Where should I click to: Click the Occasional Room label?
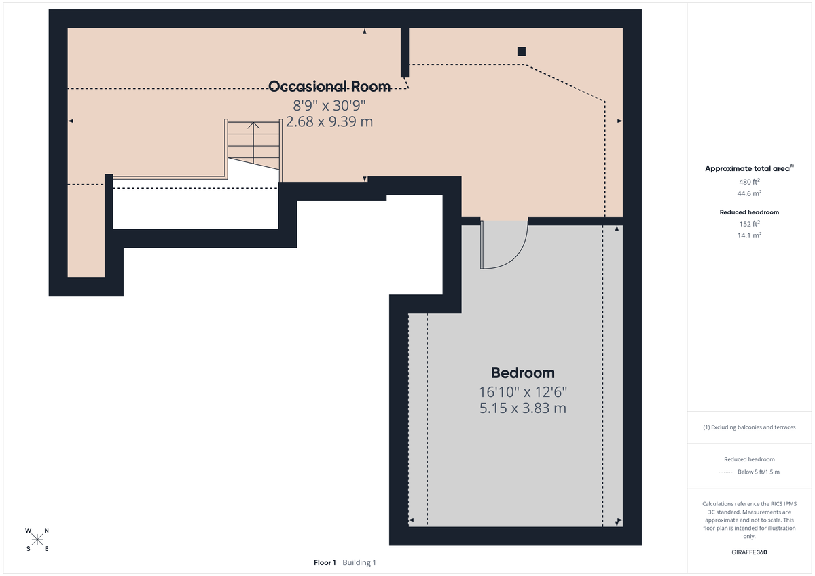click(x=329, y=86)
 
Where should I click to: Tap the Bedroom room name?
click(x=522, y=372)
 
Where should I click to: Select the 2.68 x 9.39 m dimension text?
click(x=329, y=121)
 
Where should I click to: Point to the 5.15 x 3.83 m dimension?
click(x=522, y=408)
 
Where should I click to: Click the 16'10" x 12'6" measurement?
click(x=522, y=391)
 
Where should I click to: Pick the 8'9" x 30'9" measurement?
click(x=329, y=105)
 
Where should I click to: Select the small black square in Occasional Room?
click(x=522, y=52)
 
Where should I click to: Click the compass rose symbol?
click(x=37, y=539)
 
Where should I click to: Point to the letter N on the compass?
click(x=46, y=531)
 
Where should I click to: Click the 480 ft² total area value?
click(x=749, y=182)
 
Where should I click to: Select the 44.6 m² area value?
click(x=749, y=193)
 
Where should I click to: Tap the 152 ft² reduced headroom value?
click(x=749, y=224)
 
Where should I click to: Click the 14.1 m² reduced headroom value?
click(x=749, y=235)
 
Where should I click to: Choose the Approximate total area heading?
click(x=748, y=168)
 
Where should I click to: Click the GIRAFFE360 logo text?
click(x=749, y=552)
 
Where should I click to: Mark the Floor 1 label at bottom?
click(x=325, y=562)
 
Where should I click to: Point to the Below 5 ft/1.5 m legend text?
click(x=759, y=472)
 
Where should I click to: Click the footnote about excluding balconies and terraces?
click(x=749, y=427)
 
